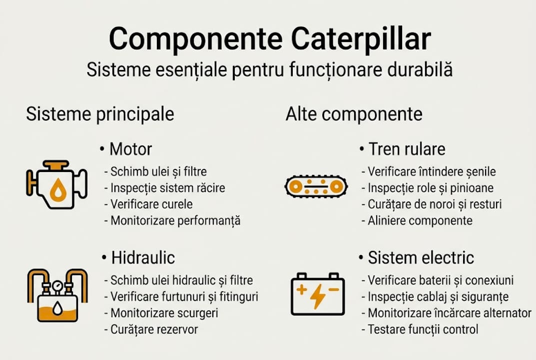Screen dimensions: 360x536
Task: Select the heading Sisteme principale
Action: pyautogui.click(x=100, y=114)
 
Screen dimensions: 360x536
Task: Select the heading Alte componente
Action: pyautogui.click(x=354, y=114)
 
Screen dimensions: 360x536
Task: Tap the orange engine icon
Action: pyautogui.click(x=56, y=184)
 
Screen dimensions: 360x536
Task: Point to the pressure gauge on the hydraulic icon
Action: pyautogui.click(x=56, y=285)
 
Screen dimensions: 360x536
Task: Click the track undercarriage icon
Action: pyautogui.click(x=316, y=186)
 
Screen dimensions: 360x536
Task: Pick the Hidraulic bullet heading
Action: pyautogui.click(x=142, y=257)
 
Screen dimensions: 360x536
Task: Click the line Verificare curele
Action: pyautogui.click(x=151, y=204)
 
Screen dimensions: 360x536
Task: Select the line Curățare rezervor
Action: pyautogui.click(x=154, y=329)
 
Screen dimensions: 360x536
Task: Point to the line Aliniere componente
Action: pyautogui.click(x=420, y=220)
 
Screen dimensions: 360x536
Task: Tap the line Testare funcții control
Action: pyautogui.click(x=423, y=329)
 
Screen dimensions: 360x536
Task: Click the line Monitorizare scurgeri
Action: pyautogui.click(x=164, y=313)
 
